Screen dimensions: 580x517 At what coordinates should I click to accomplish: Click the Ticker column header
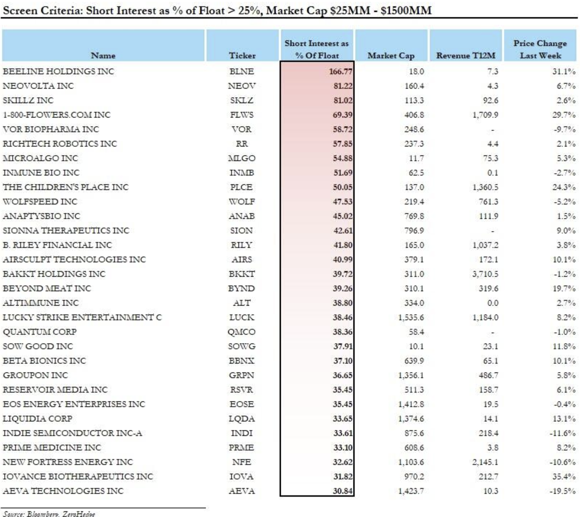click(x=242, y=55)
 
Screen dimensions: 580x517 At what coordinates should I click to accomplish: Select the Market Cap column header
click(x=391, y=55)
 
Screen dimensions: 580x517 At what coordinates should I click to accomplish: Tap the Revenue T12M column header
click(x=465, y=55)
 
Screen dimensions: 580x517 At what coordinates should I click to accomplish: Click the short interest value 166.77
click(x=341, y=71)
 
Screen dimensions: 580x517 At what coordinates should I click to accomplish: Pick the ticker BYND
click(x=241, y=288)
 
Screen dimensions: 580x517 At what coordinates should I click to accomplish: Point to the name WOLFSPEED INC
click(x=40, y=202)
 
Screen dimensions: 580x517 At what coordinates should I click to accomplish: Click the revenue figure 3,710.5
click(x=485, y=274)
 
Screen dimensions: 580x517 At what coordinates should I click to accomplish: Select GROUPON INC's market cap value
click(x=411, y=375)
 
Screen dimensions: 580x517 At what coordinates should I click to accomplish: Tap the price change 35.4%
click(x=564, y=476)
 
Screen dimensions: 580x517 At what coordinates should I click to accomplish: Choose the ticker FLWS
click(x=242, y=115)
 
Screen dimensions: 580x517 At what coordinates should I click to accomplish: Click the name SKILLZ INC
click(x=28, y=100)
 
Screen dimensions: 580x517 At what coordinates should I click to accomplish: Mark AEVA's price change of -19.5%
click(x=562, y=491)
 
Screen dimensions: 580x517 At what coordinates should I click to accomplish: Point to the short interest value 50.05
click(x=343, y=187)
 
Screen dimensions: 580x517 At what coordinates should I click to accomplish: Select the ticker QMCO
click(x=241, y=332)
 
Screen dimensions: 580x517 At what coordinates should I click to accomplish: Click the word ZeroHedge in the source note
click(x=79, y=514)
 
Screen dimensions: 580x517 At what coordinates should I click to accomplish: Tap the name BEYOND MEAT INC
click(x=47, y=288)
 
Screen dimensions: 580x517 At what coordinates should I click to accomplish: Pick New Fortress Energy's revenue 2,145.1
click(x=485, y=462)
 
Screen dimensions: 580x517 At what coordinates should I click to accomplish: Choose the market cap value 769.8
click(x=414, y=216)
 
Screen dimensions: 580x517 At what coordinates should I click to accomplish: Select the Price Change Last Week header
click(x=540, y=49)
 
